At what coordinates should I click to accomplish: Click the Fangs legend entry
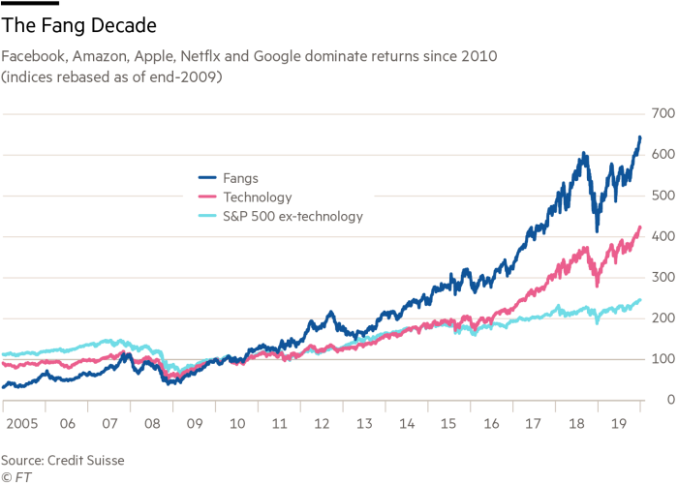point(240,178)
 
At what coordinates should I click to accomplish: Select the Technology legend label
point(258,197)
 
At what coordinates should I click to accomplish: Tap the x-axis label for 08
point(152,424)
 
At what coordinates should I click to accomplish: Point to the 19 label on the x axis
point(618,424)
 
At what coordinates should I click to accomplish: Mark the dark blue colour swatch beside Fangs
point(208,178)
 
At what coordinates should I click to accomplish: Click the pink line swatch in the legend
point(208,197)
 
